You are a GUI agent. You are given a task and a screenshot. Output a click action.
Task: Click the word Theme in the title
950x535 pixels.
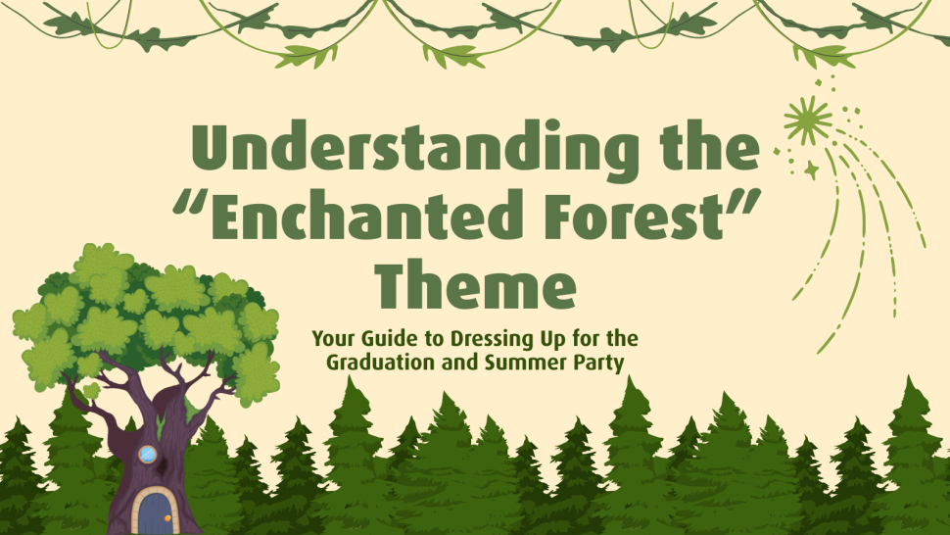click(x=475, y=284)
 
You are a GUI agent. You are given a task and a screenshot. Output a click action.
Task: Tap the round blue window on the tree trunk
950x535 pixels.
click(x=147, y=454)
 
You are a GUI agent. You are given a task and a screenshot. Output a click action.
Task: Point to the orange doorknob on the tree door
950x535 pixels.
click(x=167, y=518)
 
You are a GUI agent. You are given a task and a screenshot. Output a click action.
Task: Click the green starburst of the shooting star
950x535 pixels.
click(x=808, y=120)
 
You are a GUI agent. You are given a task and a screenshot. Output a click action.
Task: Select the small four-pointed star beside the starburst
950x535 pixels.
click(x=811, y=170)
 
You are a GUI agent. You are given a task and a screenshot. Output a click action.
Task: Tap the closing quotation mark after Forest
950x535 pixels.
click(x=743, y=202)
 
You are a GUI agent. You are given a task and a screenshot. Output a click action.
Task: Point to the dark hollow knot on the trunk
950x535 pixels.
click(x=163, y=467)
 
